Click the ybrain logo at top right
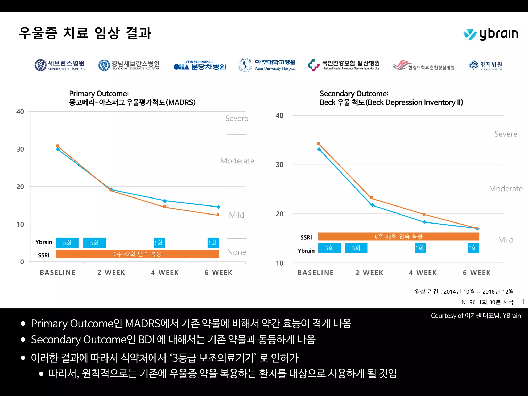coord(491,34)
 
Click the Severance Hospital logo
coord(60,65)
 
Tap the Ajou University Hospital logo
coord(267,65)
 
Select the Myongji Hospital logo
coord(486,65)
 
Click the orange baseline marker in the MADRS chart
coord(57,146)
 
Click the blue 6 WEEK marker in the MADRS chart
coord(218,207)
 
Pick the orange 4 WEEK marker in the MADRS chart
coord(164,207)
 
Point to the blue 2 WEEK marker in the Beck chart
coord(372,205)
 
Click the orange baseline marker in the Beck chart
coord(319,144)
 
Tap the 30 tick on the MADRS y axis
coord(20,149)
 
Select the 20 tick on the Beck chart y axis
coord(279,214)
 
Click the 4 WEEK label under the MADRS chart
coord(165,273)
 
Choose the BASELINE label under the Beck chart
coord(316,273)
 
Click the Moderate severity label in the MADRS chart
coord(237,161)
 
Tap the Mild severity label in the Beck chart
coord(506,240)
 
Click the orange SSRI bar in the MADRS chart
coord(137,254)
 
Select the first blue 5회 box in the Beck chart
coord(329,248)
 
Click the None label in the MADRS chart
coord(236,252)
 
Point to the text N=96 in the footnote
coord(468,302)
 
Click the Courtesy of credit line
coord(476,316)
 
